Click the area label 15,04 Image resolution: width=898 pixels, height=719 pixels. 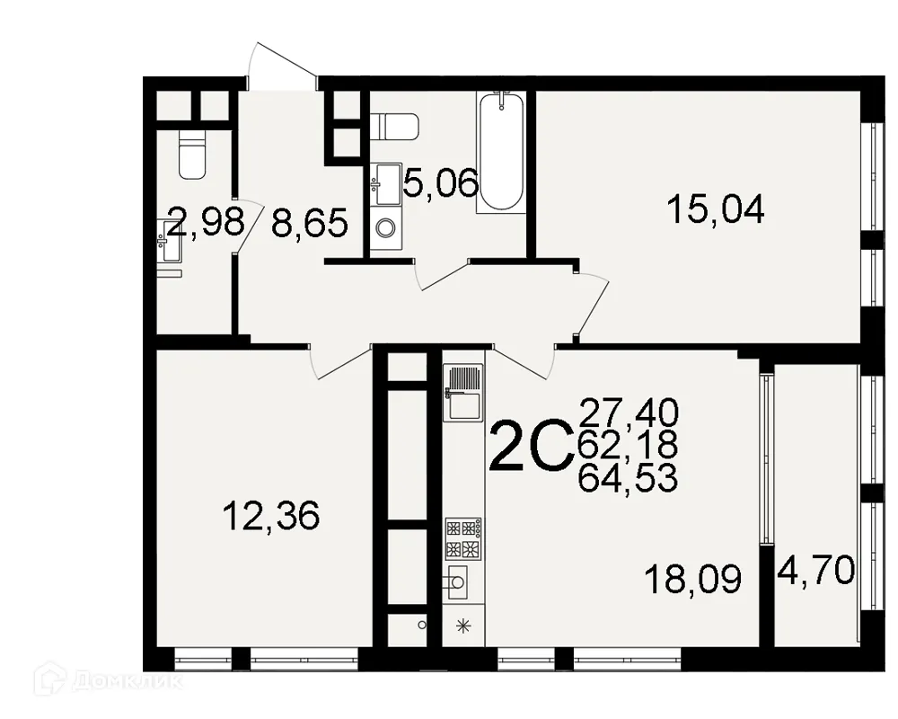coord(715,210)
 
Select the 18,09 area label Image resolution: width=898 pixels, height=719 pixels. coord(693,580)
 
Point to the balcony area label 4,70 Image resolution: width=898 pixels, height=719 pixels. coord(816,570)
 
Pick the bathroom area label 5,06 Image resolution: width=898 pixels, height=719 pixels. coord(440,185)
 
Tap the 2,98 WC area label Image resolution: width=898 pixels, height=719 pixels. coord(206,222)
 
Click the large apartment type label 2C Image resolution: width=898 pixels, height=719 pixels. coord(532,447)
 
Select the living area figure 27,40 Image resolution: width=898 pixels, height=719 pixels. coord(628,413)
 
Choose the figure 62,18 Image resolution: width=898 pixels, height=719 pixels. coord(628,445)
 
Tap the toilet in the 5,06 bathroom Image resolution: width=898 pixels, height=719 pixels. coord(394,126)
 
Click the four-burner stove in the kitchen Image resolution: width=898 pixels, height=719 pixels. coord(463,537)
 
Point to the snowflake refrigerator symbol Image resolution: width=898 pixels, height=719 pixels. coord(463,627)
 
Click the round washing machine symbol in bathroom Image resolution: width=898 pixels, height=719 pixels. coord(386,227)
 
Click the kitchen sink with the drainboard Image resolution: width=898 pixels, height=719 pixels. coord(463,393)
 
